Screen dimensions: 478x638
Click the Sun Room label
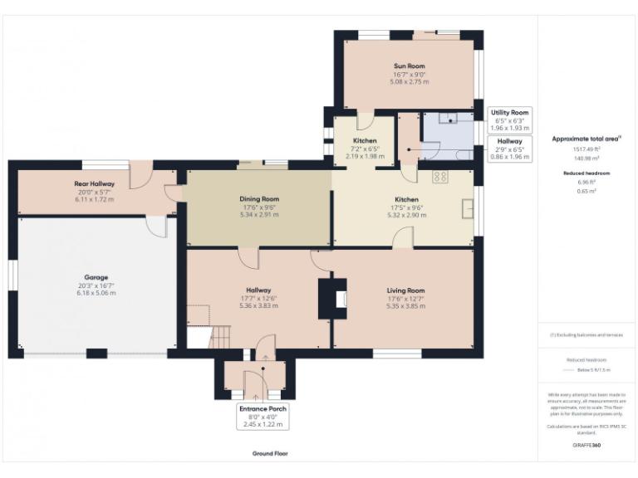(409, 66)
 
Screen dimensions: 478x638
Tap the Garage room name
(96, 277)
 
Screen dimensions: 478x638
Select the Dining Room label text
(259, 199)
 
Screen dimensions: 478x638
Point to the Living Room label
(405, 290)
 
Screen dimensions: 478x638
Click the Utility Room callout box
(509, 120)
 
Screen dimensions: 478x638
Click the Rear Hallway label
(95, 183)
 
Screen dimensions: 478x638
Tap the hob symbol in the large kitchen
(440, 177)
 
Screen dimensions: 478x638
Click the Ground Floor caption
(270, 454)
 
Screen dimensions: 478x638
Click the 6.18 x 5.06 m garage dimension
(96, 293)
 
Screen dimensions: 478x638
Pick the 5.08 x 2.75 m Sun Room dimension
(409, 82)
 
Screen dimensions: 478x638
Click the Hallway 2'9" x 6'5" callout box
(509, 149)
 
